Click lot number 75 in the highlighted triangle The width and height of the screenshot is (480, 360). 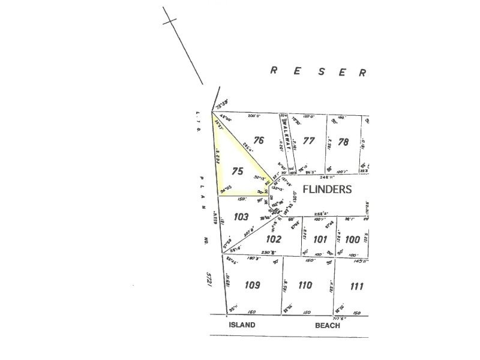(x=237, y=171)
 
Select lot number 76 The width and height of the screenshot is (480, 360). (x=259, y=140)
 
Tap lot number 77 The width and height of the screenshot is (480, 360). (x=309, y=141)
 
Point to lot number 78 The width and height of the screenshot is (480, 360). (x=343, y=142)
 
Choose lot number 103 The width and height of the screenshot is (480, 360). (x=241, y=217)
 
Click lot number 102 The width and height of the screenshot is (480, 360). (x=273, y=238)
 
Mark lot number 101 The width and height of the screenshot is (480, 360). (x=320, y=239)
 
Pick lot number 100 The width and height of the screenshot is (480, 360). (x=353, y=239)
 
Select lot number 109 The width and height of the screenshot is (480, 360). (x=252, y=285)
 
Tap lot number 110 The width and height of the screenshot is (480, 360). (x=305, y=285)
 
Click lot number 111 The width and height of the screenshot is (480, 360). (x=356, y=286)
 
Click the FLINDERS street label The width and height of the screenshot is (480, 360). (x=327, y=189)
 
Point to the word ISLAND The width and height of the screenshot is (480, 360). (x=241, y=325)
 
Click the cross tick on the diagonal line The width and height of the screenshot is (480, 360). (x=170, y=20)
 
